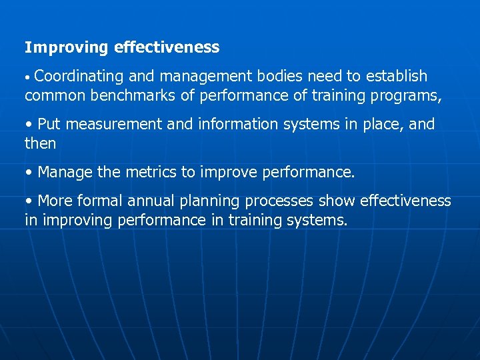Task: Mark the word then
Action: (40, 144)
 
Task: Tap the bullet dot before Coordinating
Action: (27, 78)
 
